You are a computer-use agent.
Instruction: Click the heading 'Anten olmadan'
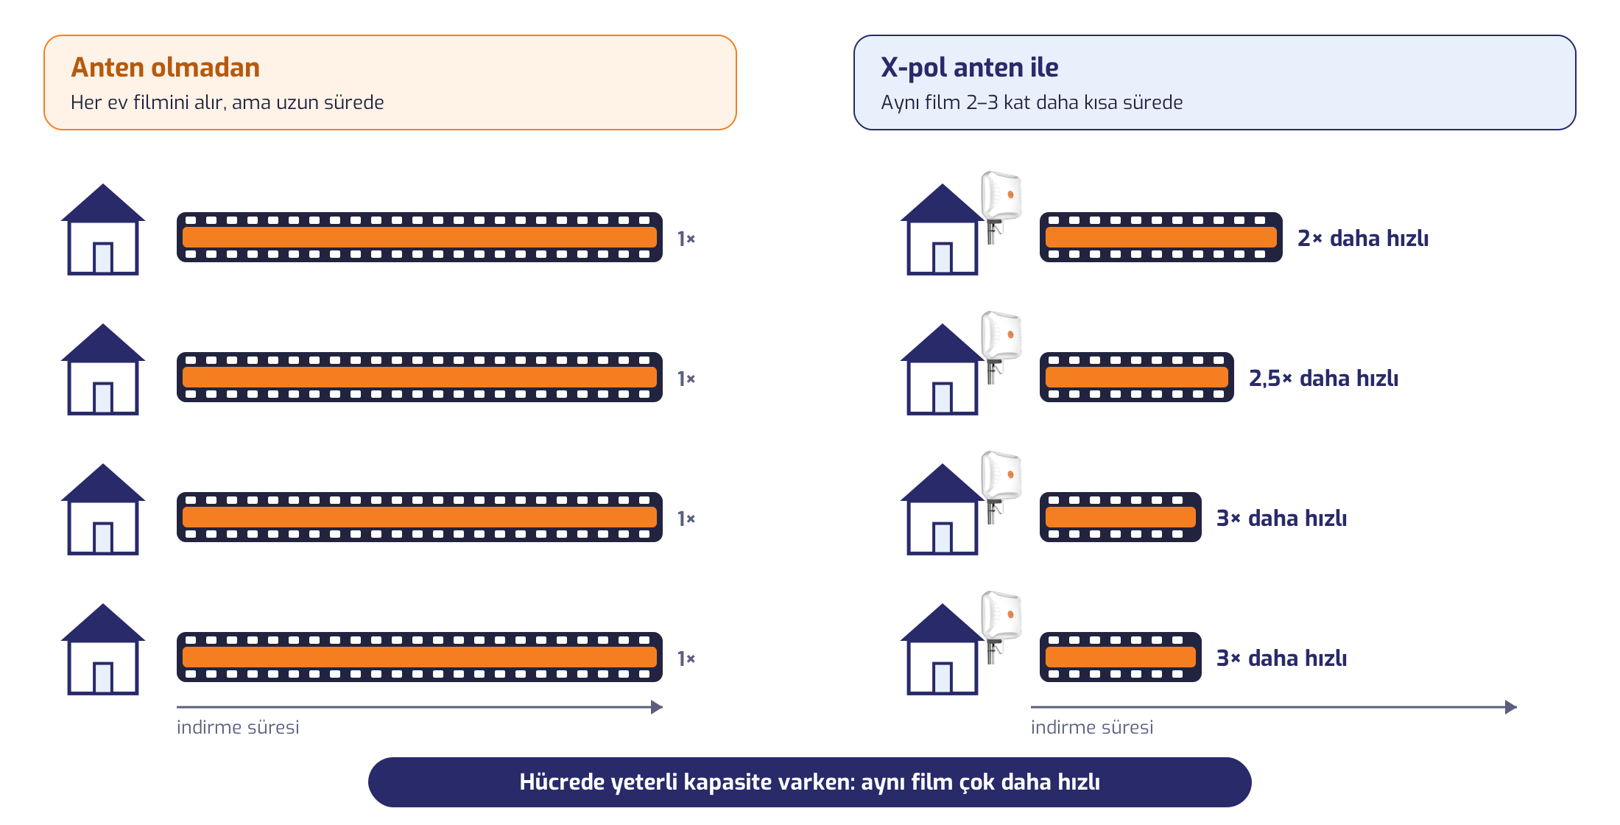coord(165,68)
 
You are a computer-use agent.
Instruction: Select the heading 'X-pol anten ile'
coord(969,68)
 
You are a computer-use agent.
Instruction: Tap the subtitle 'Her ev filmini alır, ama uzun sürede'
coord(227,102)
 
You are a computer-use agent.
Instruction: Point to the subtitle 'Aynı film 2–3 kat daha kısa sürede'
coord(1032,102)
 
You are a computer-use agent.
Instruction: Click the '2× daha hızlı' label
coord(1362,238)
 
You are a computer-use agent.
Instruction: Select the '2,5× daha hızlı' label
coord(1323,379)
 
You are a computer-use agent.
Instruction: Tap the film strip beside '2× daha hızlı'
coord(1161,237)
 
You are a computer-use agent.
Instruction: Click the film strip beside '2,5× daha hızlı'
coord(1136,377)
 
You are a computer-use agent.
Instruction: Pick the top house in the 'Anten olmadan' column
coord(103,229)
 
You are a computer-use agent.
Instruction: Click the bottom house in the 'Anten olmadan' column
coord(103,649)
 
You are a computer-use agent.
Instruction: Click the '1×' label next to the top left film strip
coord(686,239)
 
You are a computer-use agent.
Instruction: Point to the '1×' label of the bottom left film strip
coord(686,659)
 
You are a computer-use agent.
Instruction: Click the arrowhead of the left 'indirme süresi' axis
coord(657,707)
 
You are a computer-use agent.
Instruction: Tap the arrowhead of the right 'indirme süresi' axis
coord(1511,707)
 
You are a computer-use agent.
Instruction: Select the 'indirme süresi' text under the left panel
coord(238,728)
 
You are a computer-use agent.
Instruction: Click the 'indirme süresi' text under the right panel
coord(1092,728)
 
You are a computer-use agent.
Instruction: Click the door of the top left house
coord(103,258)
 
